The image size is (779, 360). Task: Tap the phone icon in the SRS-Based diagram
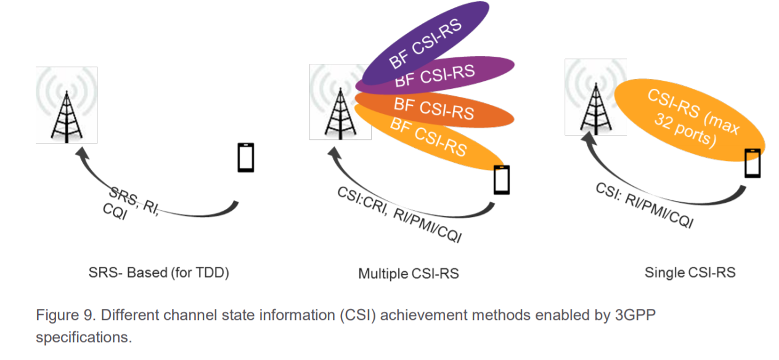coord(246,158)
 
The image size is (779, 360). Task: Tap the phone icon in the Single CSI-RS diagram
coord(752,163)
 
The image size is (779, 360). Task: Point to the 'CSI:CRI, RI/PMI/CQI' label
coord(398,215)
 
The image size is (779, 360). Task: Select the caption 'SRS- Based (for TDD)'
coord(158,272)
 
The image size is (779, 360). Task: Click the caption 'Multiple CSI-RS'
coord(408,273)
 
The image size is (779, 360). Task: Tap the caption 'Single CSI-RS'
coord(690,272)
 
